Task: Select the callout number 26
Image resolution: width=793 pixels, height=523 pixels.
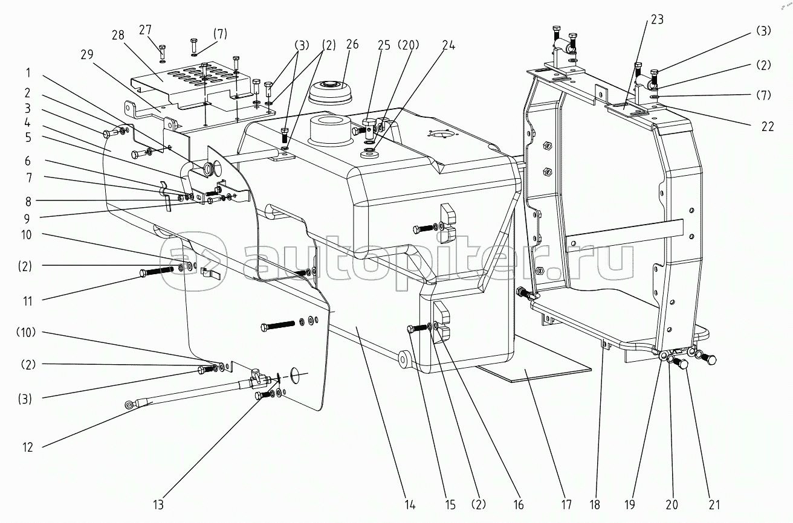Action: click(x=352, y=44)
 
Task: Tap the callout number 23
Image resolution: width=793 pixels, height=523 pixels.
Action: click(x=657, y=19)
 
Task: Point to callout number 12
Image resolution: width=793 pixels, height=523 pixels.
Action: click(x=28, y=447)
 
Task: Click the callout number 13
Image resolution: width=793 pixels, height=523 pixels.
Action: click(x=158, y=504)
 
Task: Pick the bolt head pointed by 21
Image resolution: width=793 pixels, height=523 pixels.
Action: click(x=682, y=364)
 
